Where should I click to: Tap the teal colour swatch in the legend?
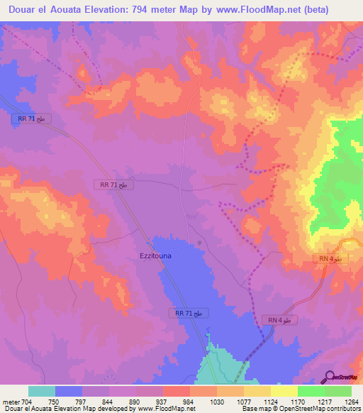coord(42,391)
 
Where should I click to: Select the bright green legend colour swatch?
coord(311,391)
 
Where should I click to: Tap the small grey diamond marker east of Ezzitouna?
coord(199,243)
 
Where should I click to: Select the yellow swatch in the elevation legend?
coord(284,391)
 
